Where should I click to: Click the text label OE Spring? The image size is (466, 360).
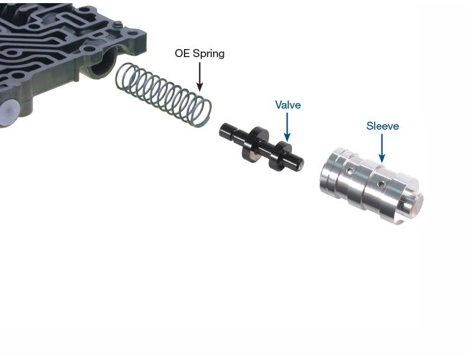[199, 54]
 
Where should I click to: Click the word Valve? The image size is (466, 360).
[288, 105]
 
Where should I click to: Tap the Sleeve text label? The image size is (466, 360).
[383, 126]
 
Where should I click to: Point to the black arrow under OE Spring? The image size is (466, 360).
[199, 76]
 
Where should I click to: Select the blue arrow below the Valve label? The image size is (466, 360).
[287, 127]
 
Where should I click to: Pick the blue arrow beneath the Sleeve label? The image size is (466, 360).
[382, 148]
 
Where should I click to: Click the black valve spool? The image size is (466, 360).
[261, 147]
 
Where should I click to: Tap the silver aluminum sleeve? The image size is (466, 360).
[372, 186]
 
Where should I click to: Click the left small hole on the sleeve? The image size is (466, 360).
[351, 171]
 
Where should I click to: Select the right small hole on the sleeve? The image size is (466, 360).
[381, 185]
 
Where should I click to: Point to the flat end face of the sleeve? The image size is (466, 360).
[414, 204]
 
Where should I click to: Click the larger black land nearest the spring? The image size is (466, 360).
[255, 145]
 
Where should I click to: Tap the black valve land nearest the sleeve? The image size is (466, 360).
[280, 156]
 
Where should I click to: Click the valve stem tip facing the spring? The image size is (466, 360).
[222, 131]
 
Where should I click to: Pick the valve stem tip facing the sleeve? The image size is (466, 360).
[299, 163]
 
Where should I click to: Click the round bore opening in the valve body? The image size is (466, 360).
[102, 64]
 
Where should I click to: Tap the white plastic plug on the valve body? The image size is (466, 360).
[9, 113]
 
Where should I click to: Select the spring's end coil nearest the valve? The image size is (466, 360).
[200, 111]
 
